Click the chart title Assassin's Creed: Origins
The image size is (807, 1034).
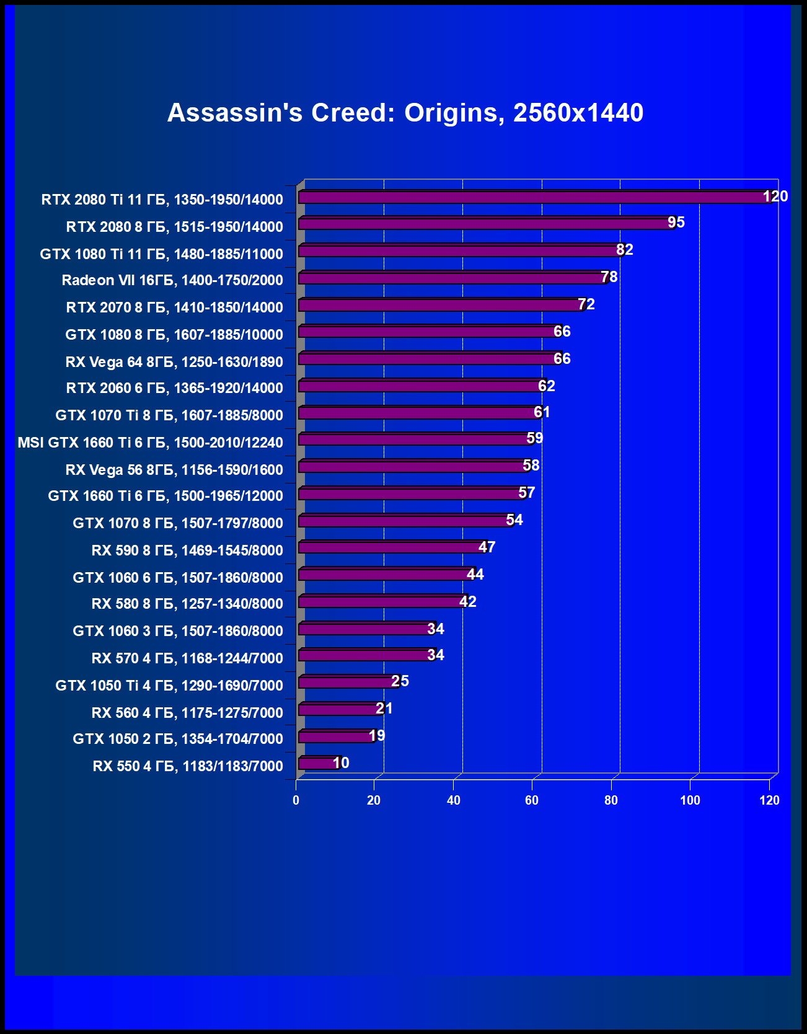point(405,113)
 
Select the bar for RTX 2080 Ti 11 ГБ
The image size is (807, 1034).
point(533,197)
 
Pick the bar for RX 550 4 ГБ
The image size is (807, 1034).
point(318,763)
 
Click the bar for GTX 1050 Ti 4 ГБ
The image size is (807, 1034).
point(347,683)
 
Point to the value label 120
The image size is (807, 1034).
point(775,197)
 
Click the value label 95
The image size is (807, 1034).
point(676,223)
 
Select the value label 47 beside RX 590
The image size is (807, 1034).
point(487,547)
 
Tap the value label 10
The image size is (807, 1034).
point(341,763)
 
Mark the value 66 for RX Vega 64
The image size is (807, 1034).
point(562,359)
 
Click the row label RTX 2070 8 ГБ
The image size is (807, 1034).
point(174,307)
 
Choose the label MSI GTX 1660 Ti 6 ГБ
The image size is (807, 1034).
point(150,443)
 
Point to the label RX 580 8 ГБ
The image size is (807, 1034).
point(187,604)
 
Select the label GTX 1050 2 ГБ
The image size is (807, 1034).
point(177,739)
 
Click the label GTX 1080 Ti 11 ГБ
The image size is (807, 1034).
point(161,254)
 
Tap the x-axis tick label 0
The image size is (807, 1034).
point(296,800)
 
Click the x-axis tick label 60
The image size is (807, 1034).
point(532,800)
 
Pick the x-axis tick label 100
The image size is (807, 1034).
point(690,800)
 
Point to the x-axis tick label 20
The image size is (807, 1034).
point(374,800)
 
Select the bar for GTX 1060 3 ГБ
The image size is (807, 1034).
point(366,629)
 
